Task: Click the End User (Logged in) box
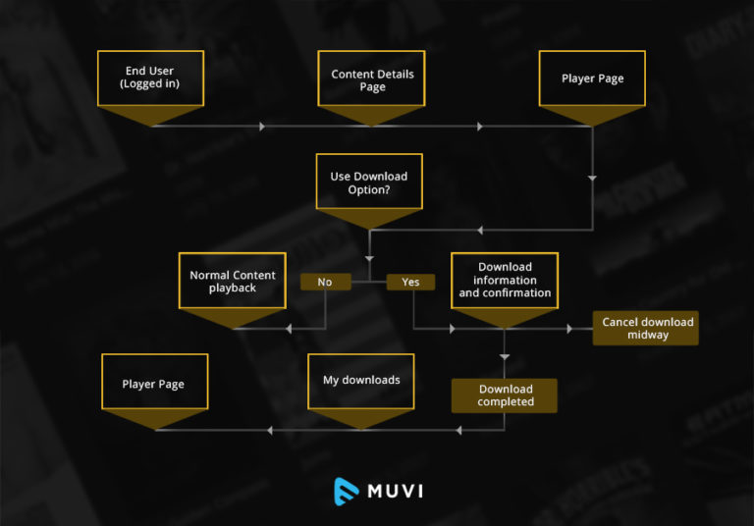pyautogui.click(x=150, y=78)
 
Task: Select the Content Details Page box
pyautogui.click(x=372, y=79)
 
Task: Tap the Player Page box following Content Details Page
pyautogui.click(x=592, y=79)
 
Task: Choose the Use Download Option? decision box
pyautogui.click(x=368, y=182)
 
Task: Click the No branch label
pyautogui.click(x=325, y=282)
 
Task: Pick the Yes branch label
pyautogui.click(x=410, y=282)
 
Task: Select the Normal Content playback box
pyautogui.click(x=232, y=281)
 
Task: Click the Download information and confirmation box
pyautogui.click(x=505, y=280)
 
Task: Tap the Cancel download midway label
pyautogui.click(x=646, y=328)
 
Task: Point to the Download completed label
pyautogui.click(x=505, y=395)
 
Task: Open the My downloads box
pyautogui.click(x=361, y=381)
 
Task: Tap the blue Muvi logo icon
pyautogui.click(x=347, y=490)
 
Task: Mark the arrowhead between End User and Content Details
pyautogui.click(x=261, y=126)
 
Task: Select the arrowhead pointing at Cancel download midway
pyautogui.click(x=569, y=329)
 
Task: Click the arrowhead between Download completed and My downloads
pyautogui.click(x=456, y=430)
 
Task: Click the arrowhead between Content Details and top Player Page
pyautogui.click(x=480, y=126)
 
